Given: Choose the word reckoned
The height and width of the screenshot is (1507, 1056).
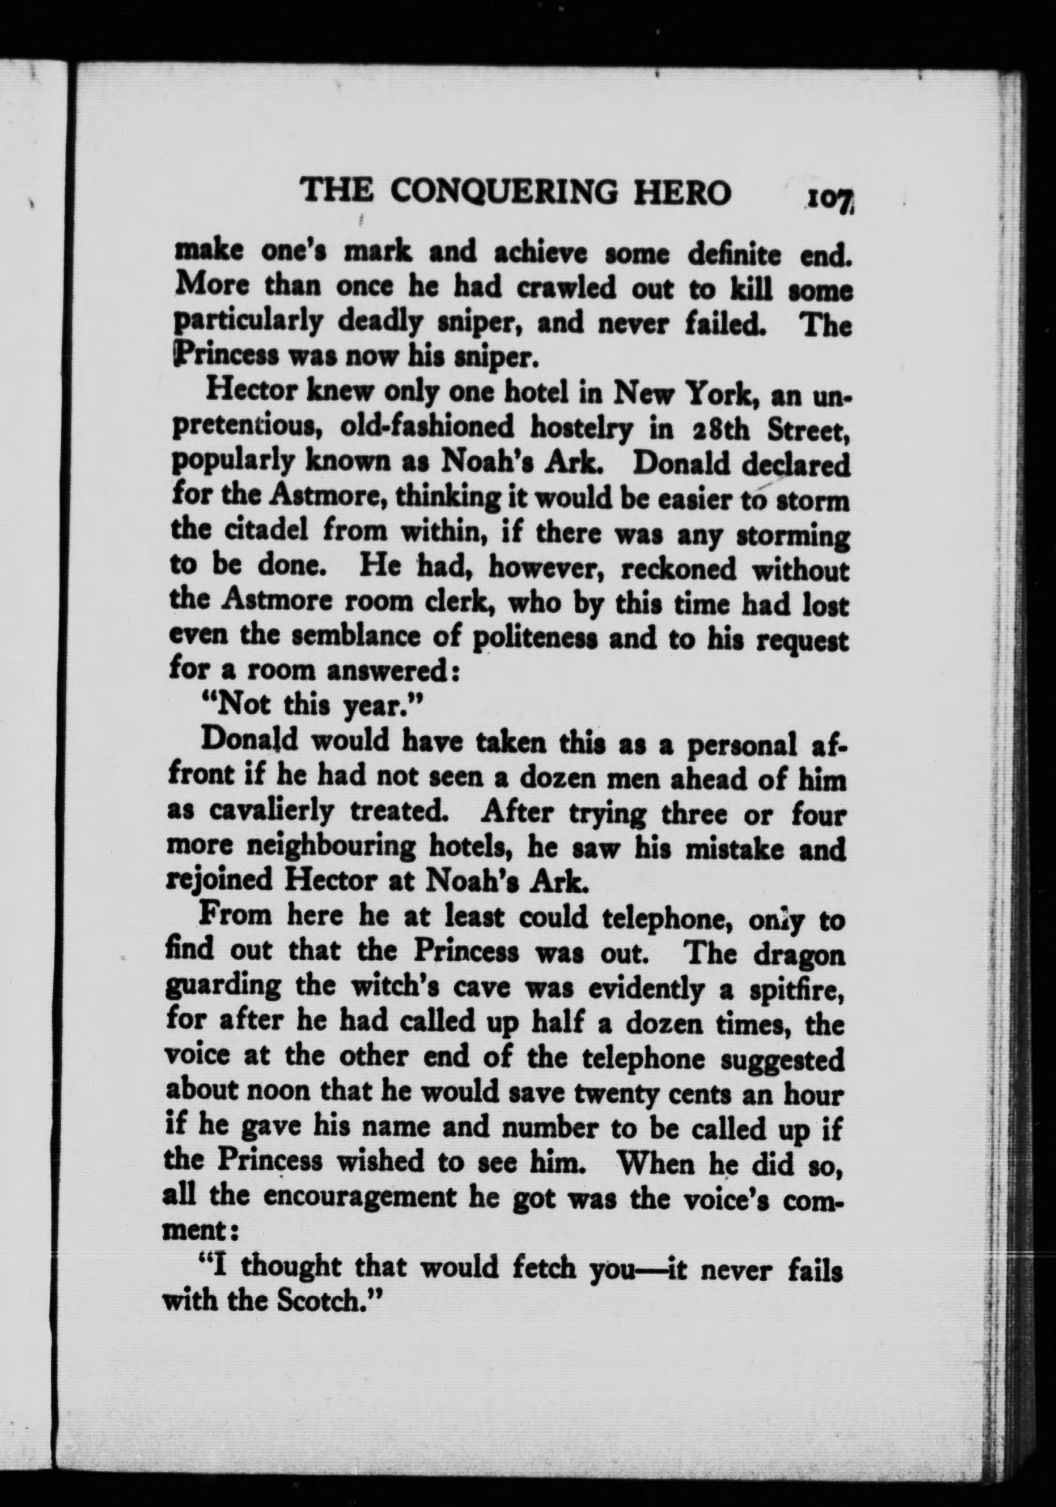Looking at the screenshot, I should [678, 569].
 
